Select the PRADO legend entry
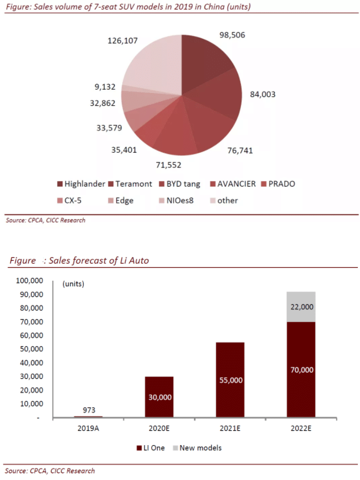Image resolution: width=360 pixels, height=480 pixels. [x=280, y=184]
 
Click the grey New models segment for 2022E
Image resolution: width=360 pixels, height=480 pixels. [x=301, y=307]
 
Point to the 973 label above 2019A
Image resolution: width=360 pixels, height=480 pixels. [x=88, y=409]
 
